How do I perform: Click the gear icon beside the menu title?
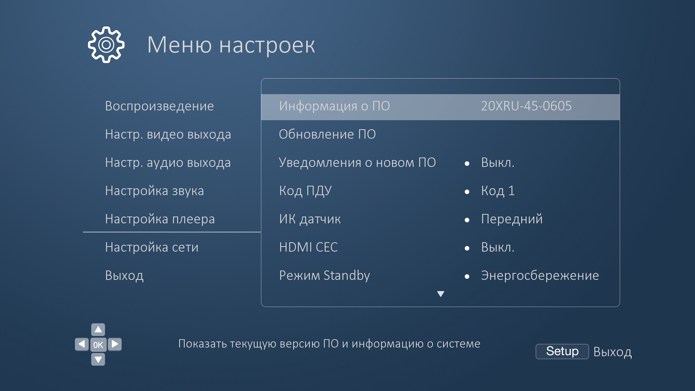pos(106,45)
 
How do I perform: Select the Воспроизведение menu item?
pos(159,106)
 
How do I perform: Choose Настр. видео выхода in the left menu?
pos(168,134)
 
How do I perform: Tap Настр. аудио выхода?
pos(168,163)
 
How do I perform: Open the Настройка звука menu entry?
pos(155,191)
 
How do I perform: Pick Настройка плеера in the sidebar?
pos(160,219)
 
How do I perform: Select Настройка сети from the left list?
pos(152,247)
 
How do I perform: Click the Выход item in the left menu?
pos(124,276)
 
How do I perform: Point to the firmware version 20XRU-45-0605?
pos(526,106)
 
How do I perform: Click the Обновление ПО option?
pos(327,134)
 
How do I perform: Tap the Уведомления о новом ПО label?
pos(357,163)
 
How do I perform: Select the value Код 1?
pos(498,191)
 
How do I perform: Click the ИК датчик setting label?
pos(310,219)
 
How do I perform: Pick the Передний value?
pos(512,219)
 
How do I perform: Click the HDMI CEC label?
pos(308,247)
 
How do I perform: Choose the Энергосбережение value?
pos(540,276)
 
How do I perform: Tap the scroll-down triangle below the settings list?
pos(441,294)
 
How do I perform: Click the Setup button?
pos(562,351)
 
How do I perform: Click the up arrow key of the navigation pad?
pos(98,329)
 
